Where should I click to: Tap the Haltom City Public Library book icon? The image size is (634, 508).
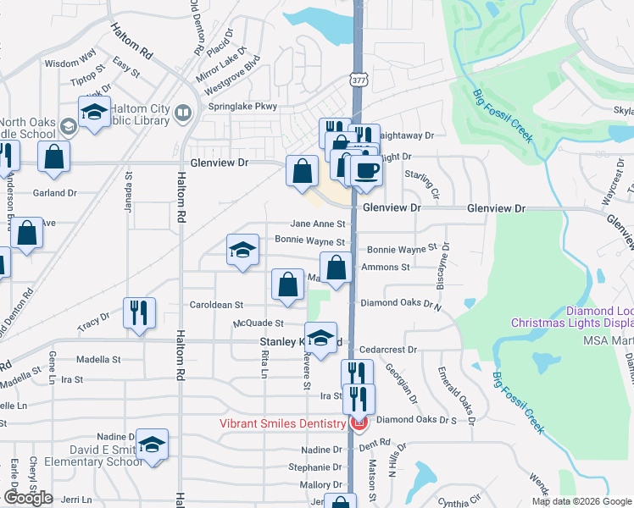point(182,113)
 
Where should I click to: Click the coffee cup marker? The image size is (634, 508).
point(366,170)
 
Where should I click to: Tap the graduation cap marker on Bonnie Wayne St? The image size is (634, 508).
point(242,250)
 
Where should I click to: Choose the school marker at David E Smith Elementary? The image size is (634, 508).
point(153,444)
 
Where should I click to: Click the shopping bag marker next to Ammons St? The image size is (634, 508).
point(336,268)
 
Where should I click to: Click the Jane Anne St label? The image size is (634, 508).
point(318,224)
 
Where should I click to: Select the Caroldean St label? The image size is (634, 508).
point(216,304)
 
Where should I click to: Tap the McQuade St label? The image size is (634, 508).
point(259,323)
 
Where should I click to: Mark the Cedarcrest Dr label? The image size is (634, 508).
point(389,349)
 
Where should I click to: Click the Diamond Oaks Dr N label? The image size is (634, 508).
point(402,302)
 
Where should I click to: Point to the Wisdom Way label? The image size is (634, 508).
point(70,63)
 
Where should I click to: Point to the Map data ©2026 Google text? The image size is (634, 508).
point(581,501)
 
